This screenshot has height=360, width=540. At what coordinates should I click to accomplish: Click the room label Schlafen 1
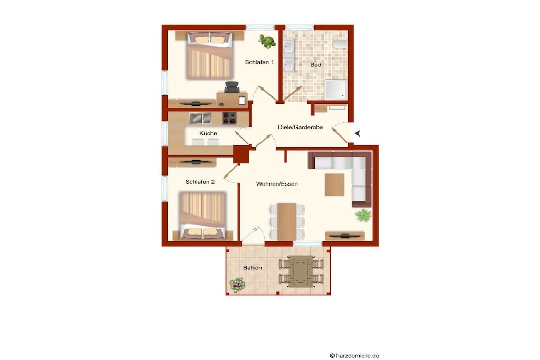[259, 62]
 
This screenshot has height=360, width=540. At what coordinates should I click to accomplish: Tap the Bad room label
[315, 65]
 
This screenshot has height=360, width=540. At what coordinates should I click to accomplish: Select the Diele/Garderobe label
[300, 127]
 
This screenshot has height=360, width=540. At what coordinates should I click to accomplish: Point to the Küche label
[208, 133]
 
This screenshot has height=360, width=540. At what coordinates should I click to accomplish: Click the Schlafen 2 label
[200, 182]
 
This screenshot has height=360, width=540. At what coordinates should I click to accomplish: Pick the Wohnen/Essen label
[277, 184]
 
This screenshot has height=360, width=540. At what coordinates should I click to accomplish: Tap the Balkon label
[253, 267]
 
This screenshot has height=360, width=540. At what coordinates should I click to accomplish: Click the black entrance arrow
[358, 133]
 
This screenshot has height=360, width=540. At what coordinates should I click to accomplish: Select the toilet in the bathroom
[340, 44]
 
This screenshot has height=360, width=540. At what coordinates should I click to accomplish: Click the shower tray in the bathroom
[336, 90]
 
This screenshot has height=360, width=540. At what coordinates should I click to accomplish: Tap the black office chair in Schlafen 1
[232, 87]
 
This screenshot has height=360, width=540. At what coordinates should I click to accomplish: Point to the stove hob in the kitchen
[229, 118]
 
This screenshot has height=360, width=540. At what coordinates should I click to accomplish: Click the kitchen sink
[200, 118]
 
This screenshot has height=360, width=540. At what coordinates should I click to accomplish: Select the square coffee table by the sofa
[334, 184]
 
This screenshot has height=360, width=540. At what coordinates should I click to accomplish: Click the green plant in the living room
[363, 216]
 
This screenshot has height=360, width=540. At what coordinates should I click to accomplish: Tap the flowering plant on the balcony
[237, 285]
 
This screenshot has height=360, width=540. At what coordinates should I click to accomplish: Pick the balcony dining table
[301, 271]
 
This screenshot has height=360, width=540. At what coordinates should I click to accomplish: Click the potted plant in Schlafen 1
[267, 41]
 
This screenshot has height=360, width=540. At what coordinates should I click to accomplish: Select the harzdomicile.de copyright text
[354, 356]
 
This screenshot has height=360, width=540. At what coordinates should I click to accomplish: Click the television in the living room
[345, 236]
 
